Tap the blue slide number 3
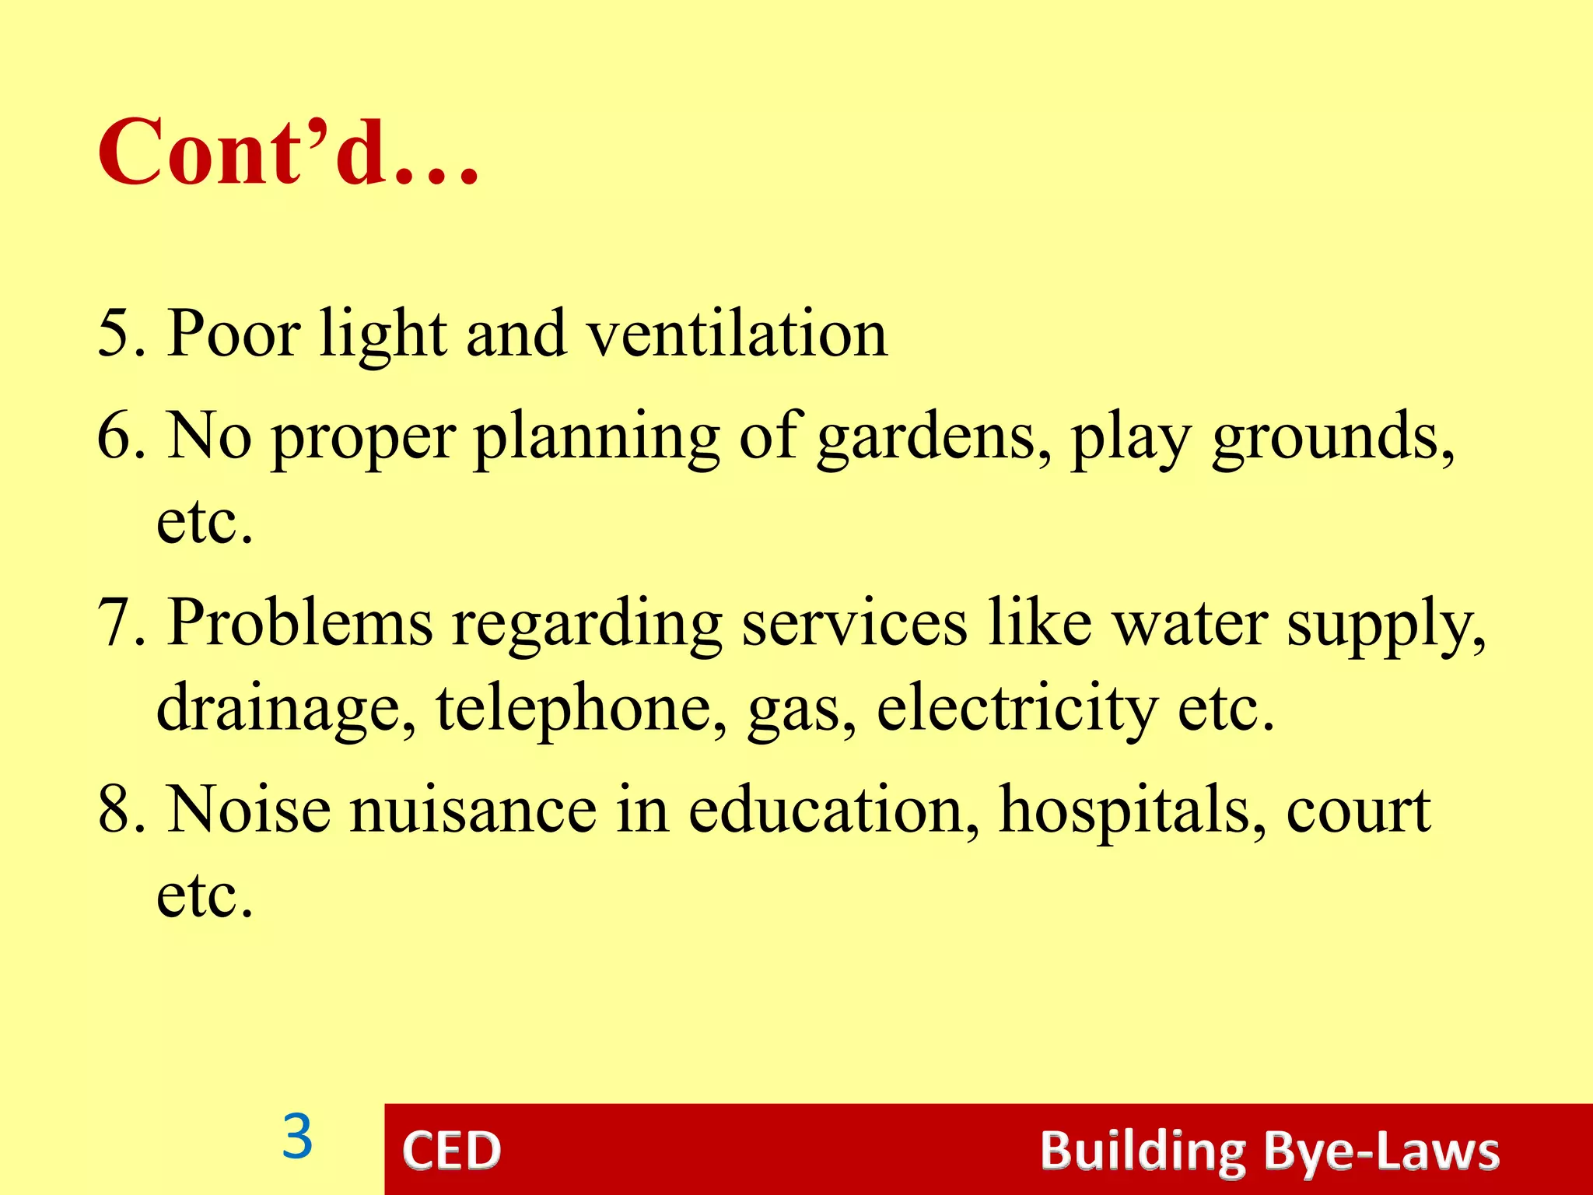[297, 1137]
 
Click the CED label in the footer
[451, 1151]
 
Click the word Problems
[300, 623]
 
